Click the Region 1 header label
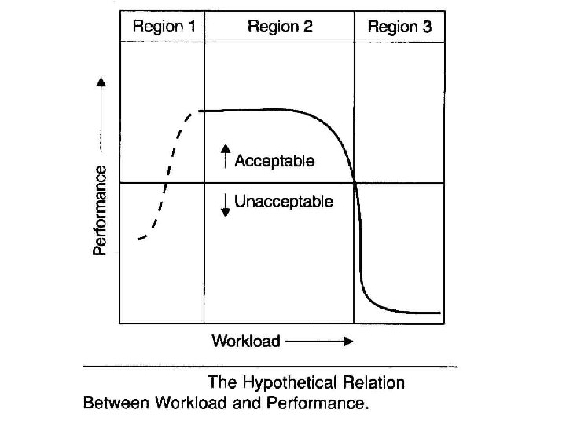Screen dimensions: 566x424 [164, 27]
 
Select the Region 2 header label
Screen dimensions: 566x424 [280, 27]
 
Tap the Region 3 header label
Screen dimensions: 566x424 [399, 27]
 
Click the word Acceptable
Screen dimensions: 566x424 [274, 161]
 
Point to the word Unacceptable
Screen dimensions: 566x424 [284, 202]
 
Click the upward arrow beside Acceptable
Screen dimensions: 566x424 [226, 155]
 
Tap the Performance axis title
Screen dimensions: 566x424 [101, 210]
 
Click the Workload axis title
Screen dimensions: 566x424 [246, 341]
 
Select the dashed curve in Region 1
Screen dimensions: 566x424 [166, 181]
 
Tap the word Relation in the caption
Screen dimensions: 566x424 [373, 383]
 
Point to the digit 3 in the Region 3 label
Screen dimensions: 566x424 [427, 27]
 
